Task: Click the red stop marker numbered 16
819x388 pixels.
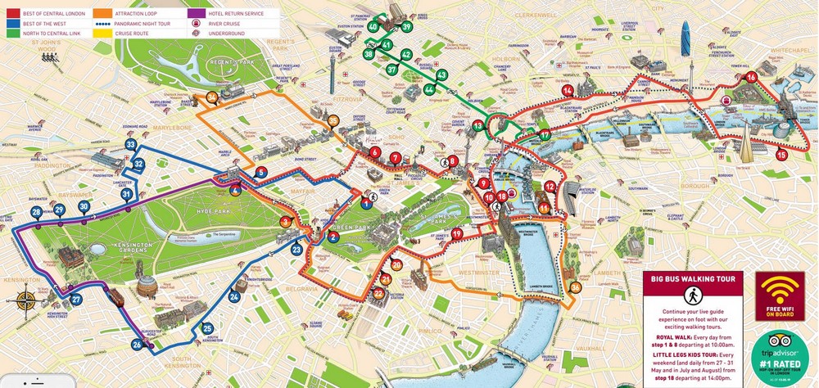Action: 751,78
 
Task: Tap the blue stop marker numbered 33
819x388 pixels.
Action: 130,145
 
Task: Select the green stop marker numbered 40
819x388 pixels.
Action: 373,26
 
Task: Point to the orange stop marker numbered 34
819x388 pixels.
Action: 212,97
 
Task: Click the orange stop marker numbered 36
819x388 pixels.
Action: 576,287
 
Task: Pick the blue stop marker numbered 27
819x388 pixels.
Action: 76,300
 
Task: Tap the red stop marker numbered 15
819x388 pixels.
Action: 781,154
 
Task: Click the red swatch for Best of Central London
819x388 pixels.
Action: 12,13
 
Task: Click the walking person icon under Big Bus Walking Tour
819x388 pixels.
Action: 692,296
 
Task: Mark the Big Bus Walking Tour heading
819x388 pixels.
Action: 692,278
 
